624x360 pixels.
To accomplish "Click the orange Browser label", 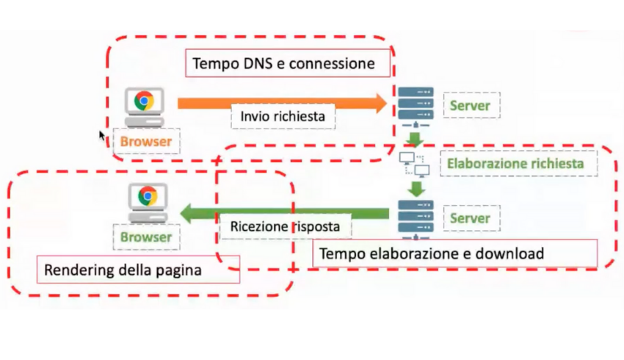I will pos(145,141).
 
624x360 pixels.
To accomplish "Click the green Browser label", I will pos(145,237).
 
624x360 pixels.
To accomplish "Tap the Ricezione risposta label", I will pos(285,226).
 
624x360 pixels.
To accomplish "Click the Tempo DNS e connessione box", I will pos(283,64).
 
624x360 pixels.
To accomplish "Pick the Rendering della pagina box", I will pos(123,270).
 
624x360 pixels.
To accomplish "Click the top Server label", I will pos(470,106).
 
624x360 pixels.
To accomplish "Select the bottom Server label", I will pos(470,218).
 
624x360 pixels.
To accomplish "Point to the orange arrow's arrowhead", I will pos(381,104).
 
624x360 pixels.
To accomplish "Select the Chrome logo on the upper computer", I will pos(144,100).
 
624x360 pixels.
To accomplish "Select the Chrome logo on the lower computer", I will pos(148,195).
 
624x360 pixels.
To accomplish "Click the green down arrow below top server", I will pos(415,140).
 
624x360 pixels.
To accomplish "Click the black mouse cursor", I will pos(102,135).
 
